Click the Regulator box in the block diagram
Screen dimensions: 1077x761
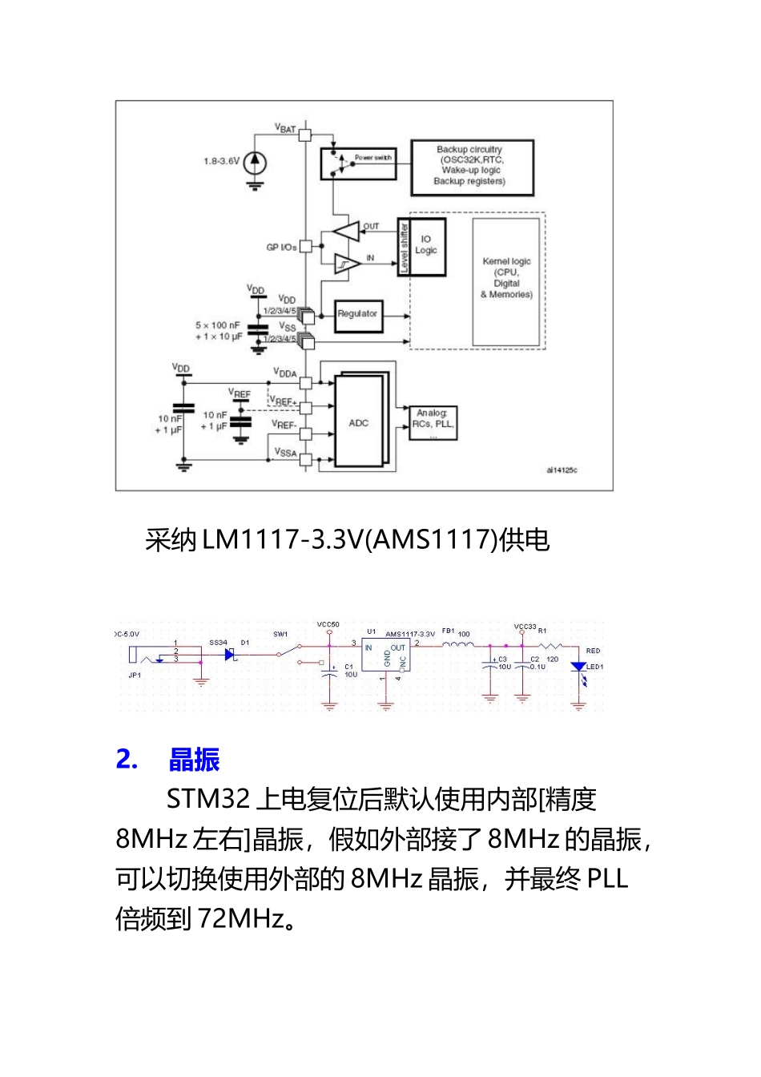[357, 315]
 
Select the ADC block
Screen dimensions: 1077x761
[359, 422]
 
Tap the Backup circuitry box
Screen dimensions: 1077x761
[471, 167]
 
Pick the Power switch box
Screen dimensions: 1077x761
[358, 163]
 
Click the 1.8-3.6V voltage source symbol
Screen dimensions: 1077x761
[254, 163]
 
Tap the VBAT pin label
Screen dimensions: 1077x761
[285, 127]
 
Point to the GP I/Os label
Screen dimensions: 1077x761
[281, 247]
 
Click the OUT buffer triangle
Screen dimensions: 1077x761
[347, 232]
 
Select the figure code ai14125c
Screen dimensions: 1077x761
[562, 470]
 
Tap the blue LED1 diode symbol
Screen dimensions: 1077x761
[578, 667]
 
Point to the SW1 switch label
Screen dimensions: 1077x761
[280, 634]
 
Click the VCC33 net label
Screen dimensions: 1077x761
[525, 626]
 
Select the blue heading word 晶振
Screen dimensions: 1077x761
[195, 759]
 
